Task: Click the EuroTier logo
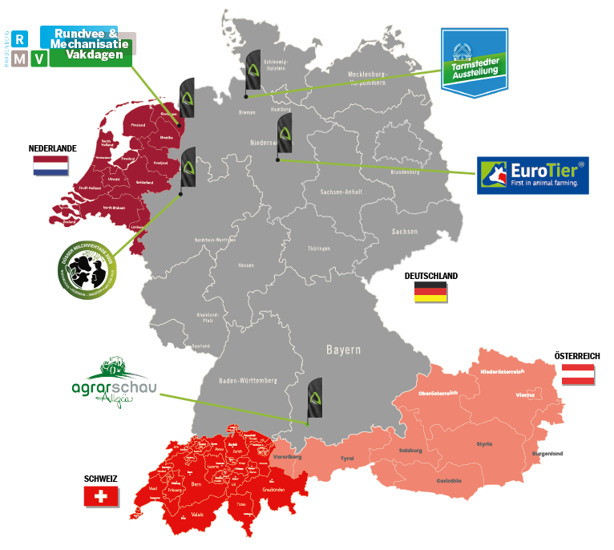point(532,176)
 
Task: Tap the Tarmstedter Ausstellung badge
point(475,63)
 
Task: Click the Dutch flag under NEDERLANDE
point(50,165)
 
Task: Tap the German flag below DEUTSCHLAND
point(430,293)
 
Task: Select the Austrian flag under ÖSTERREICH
point(577,374)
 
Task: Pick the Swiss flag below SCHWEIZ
point(101,496)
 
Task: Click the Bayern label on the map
point(343,350)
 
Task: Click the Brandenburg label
point(405,172)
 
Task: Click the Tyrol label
point(346,458)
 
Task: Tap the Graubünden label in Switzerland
point(273,488)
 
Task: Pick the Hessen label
point(247,264)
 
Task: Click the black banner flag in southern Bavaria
point(315,398)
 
